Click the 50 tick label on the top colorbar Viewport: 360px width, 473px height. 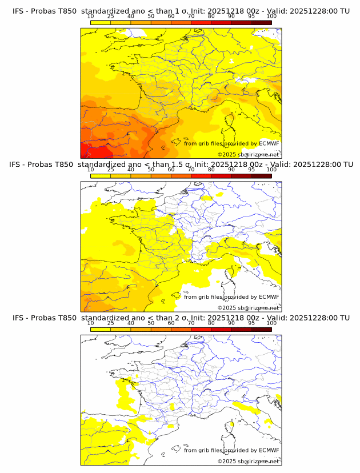[151, 17]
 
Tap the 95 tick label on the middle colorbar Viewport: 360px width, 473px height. [251, 170]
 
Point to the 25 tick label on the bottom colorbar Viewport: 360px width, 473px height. [110, 323]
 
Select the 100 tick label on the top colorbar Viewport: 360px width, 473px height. [271, 17]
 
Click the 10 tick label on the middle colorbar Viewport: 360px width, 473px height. [90, 170]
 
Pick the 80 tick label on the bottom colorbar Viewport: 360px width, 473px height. [211, 323]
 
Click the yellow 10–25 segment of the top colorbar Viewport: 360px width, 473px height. [101, 22]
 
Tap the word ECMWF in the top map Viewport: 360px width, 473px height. [269, 143]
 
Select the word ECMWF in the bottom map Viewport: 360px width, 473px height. [269, 450]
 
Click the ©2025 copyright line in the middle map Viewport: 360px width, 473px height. [248, 308]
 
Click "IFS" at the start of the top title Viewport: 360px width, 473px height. [18, 11]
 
